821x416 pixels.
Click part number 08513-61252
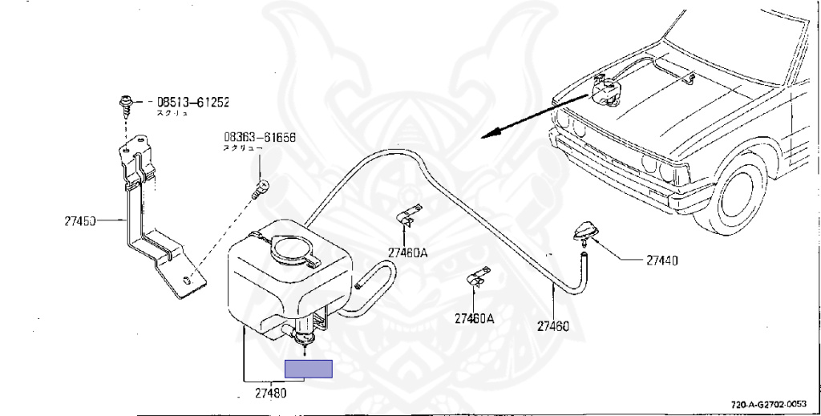tap(192, 103)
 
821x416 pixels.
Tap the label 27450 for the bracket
tap(80, 220)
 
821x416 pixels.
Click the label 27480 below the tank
tap(271, 394)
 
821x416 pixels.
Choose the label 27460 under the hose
tap(553, 326)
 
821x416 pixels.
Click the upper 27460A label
tap(407, 252)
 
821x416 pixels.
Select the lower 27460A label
tap(474, 318)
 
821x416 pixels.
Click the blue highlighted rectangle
tap(309, 369)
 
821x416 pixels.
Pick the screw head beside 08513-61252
tap(127, 103)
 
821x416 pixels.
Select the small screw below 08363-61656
tap(258, 191)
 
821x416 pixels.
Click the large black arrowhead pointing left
tap(491, 134)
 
